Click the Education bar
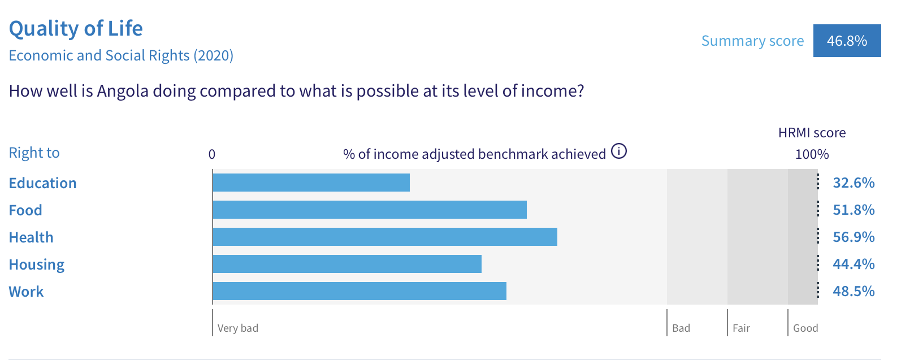[x=311, y=183]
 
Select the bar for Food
[x=370, y=210]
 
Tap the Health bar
[x=385, y=237]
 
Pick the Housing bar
[x=347, y=264]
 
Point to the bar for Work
[x=359, y=291]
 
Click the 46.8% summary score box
[x=847, y=41]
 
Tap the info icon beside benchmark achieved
[x=618, y=151]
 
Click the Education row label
[x=43, y=183]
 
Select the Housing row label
[x=37, y=265]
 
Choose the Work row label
[x=26, y=292]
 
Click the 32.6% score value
[x=854, y=183]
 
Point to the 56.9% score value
[x=854, y=237]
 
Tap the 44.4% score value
[x=854, y=264]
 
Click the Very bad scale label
[x=238, y=328]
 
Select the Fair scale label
[x=742, y=328]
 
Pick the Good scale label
[x=805, y=328]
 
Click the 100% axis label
[x=812, y=154]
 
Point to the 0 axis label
[x=212, y=154]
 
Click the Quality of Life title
[x=76, y=29]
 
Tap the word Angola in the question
[x=123, y=91]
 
